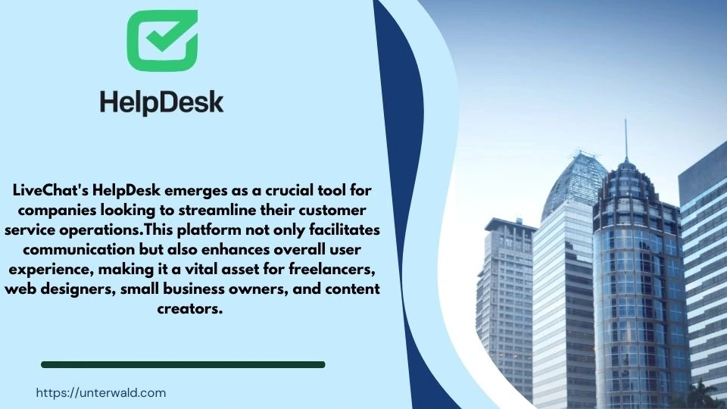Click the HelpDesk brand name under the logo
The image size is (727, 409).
point(161,101)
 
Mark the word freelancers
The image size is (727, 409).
point(337,270)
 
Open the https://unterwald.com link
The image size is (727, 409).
point(101,392)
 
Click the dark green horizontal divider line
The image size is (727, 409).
point(183,364)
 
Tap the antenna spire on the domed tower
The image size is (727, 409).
point(626,140)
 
